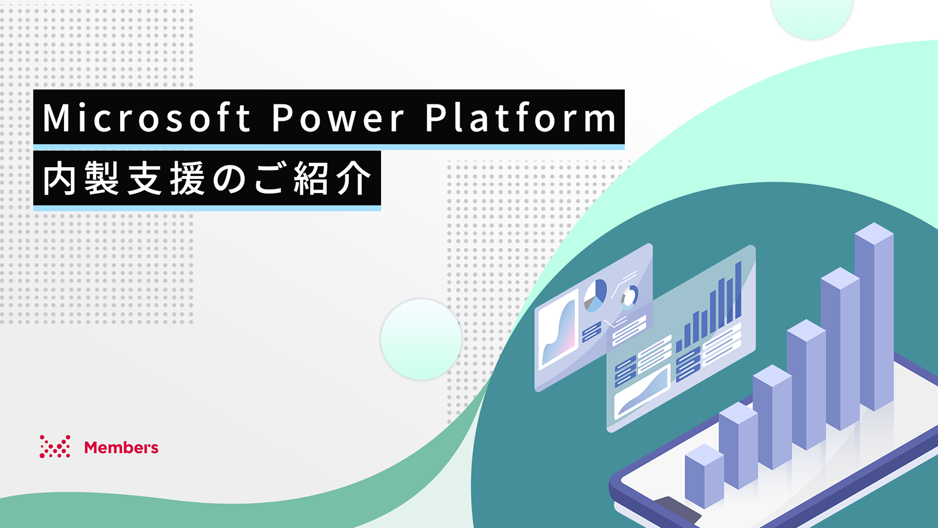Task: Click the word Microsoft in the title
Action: (x=147, y=118)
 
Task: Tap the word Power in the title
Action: (x=338, y=118)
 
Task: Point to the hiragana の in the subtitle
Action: (x=229, y=180)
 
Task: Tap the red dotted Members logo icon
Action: (x=55, y=446)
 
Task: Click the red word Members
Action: (x=121, y=447)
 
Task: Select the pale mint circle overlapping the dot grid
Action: (x=421, y=340)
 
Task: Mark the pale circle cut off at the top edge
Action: (x=811, y=17)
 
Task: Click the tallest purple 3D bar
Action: (x=874, y=316)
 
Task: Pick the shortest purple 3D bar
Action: (x=704, y=476)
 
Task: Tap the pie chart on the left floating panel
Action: (x=595, y=296)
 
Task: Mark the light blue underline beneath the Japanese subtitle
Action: (x=207, y=208)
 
